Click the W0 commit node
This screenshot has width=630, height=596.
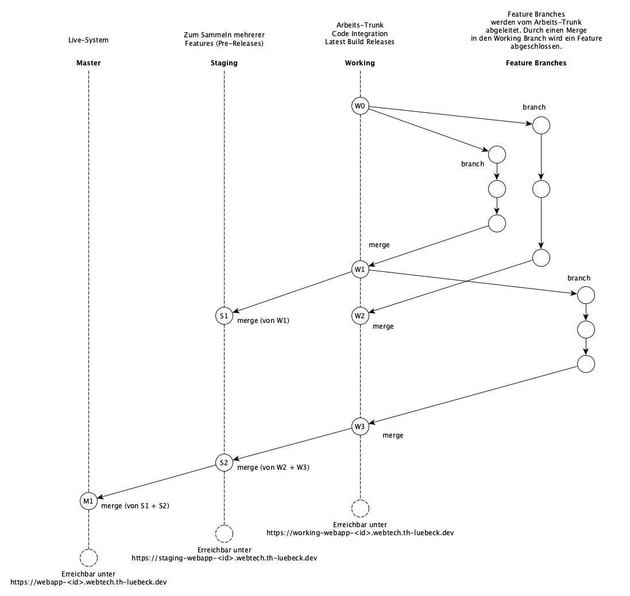(x=360, y=106)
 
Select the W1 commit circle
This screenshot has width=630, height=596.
(x=360, y=269)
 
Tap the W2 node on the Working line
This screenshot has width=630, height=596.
(x=360, y=315)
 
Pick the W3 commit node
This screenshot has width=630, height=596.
(x=360, y=426)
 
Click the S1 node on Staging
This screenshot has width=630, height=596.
(x=224, y=315)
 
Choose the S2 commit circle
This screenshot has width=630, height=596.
(x=224, y=462)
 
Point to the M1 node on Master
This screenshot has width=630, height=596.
(x=88, y=501)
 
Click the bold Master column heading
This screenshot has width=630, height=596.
(x=88, y=63)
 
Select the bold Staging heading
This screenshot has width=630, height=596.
(x=224, y=63)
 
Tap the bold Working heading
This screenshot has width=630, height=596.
(x=360, y=63)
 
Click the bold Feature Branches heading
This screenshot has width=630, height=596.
(x=536, y=63)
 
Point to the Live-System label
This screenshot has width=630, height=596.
(x=88, y=40)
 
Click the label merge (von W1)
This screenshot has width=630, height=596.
(x=263, y=321)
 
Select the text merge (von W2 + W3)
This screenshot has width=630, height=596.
(x=273, y=468)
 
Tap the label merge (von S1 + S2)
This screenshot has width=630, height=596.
(x=135, y=505)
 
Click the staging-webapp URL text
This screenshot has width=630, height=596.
(x=225, y=557)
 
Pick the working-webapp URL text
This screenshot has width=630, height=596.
(x=360, y=532)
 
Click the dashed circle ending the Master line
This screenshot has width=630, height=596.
(x=88, y=557)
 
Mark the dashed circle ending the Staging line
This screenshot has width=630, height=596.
(x=224, y=533)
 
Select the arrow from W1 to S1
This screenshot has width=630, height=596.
(x=292, y=293)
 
